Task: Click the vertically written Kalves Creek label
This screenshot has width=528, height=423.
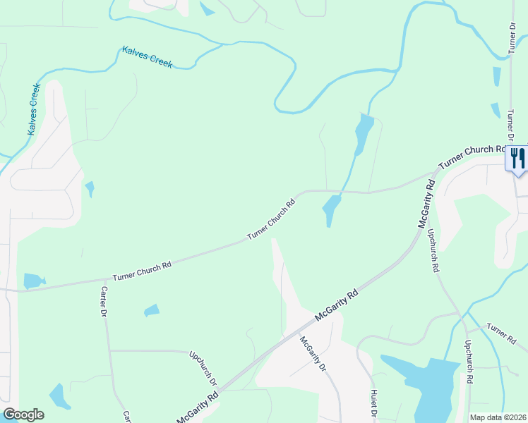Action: pos(34,109)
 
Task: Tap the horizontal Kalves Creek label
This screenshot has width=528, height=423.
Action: pos(147,56)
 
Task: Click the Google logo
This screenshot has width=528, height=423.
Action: pos(23,415)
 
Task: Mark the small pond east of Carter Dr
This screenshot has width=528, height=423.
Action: pos(152,310)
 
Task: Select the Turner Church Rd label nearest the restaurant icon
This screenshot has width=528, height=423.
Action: pos(472,157)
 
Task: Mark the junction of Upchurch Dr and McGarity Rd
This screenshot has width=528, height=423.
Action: pos(220,388)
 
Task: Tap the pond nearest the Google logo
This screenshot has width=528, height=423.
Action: pos(60,397)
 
